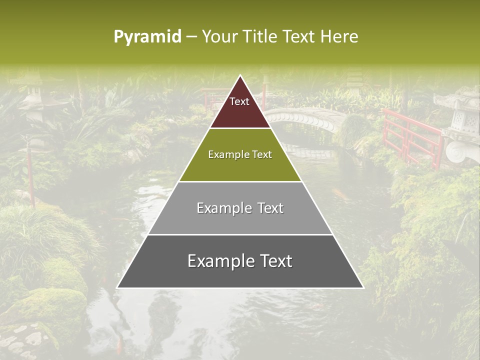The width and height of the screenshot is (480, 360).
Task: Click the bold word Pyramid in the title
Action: point(147,37)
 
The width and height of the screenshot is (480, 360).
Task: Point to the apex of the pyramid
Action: point(240,75)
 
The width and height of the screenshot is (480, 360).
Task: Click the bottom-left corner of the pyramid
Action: point(117,288)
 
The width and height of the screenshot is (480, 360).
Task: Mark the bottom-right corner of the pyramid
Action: point(363,288)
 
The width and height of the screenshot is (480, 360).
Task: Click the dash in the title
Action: point(191,37)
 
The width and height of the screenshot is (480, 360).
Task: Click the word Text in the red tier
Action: point(239,101)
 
